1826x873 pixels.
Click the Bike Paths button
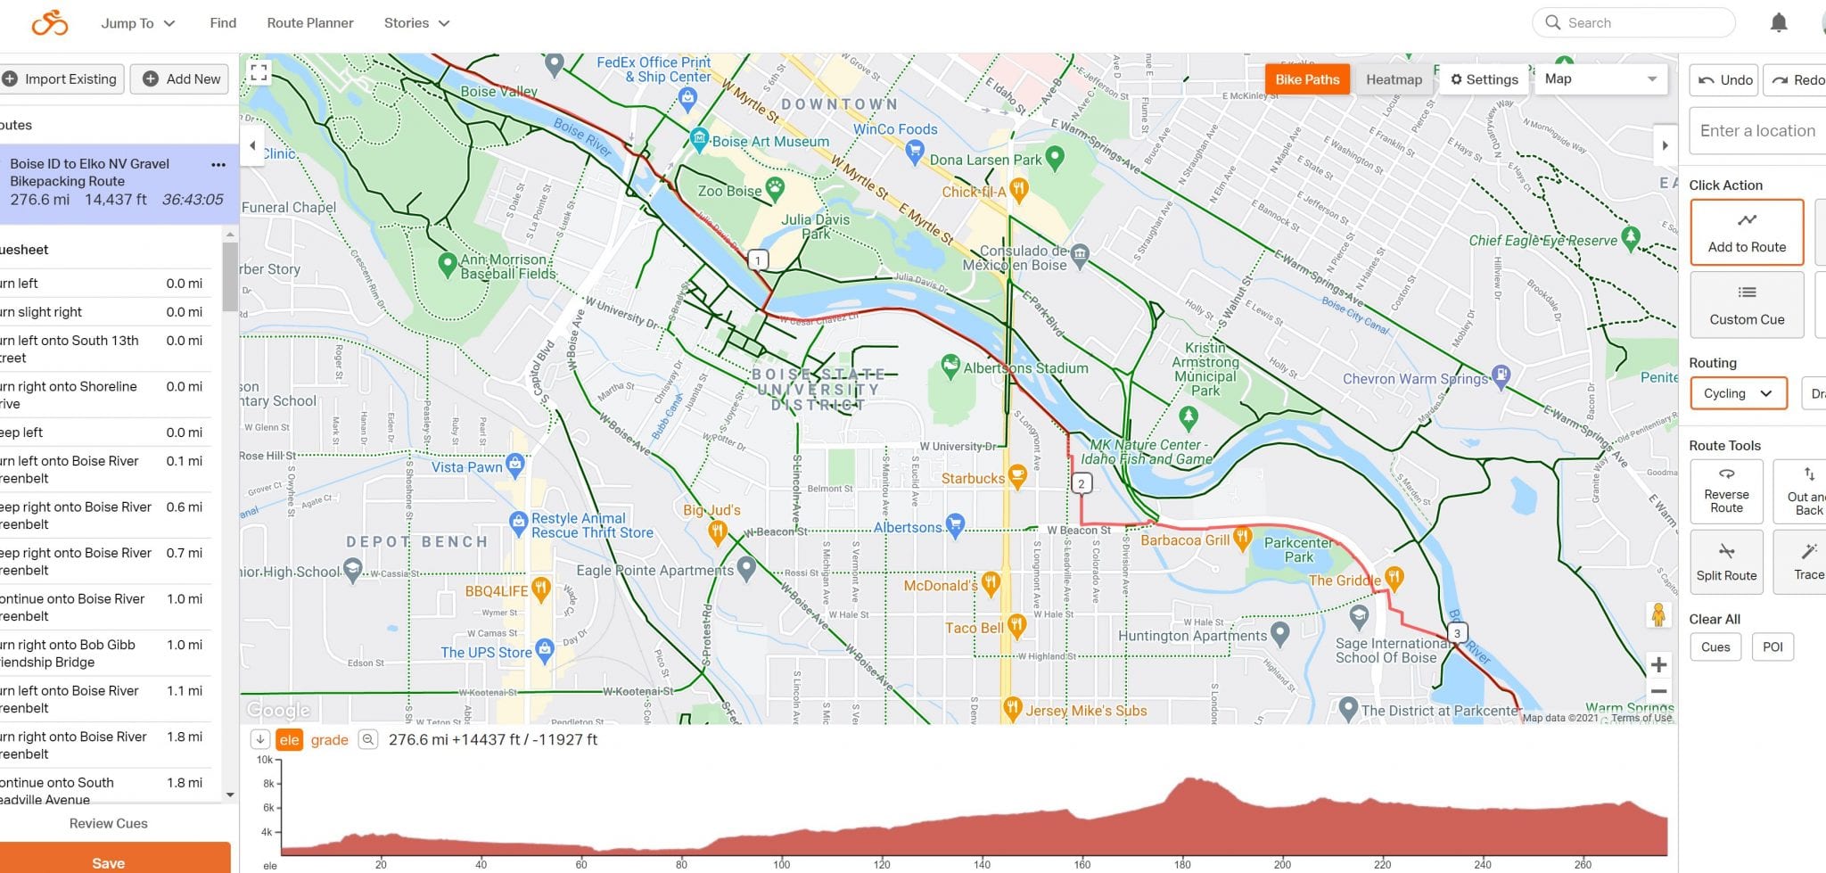[1307, 79]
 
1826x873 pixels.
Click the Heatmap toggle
[1394, 79]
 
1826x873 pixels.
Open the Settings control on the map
[1485, 79]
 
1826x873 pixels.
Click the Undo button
[1723, 80]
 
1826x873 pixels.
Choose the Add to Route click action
[1747, 233]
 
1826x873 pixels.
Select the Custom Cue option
[1747, 305]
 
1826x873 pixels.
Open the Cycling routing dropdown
[1738, 393]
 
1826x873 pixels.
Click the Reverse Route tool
[1726, 490]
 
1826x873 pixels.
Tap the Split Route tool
[1726, 562]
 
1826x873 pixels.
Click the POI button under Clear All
[1773, 647]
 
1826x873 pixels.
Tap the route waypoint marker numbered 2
[1081, 484]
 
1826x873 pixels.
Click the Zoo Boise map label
[730, 191]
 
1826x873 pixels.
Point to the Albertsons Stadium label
[1025, 368]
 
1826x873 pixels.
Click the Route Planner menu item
[310, 23]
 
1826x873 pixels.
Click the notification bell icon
[1778, 23]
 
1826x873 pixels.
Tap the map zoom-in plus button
[1658, 664]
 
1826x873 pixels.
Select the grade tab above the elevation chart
[329, 740]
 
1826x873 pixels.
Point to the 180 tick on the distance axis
[1182, 864]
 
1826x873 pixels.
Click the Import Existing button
[61, 79]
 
